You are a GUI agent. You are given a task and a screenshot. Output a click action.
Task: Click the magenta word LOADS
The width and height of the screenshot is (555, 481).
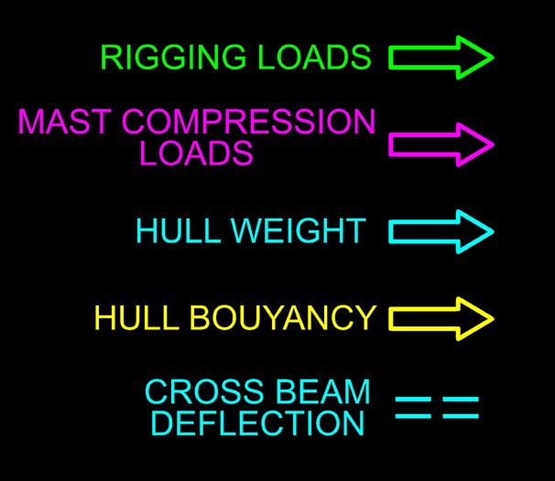coord(196,154)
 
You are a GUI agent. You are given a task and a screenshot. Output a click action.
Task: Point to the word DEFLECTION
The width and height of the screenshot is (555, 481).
coord(257,423)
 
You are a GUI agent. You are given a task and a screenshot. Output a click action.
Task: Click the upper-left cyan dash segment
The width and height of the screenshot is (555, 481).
coord(413,400)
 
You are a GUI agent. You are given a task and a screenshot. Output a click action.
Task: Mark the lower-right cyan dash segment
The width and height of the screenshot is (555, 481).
coord(461,416)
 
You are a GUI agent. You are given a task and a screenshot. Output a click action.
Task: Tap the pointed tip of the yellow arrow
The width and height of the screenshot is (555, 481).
coord(492,318)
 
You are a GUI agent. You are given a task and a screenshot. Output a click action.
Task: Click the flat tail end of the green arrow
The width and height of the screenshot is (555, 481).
coord(392,58)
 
